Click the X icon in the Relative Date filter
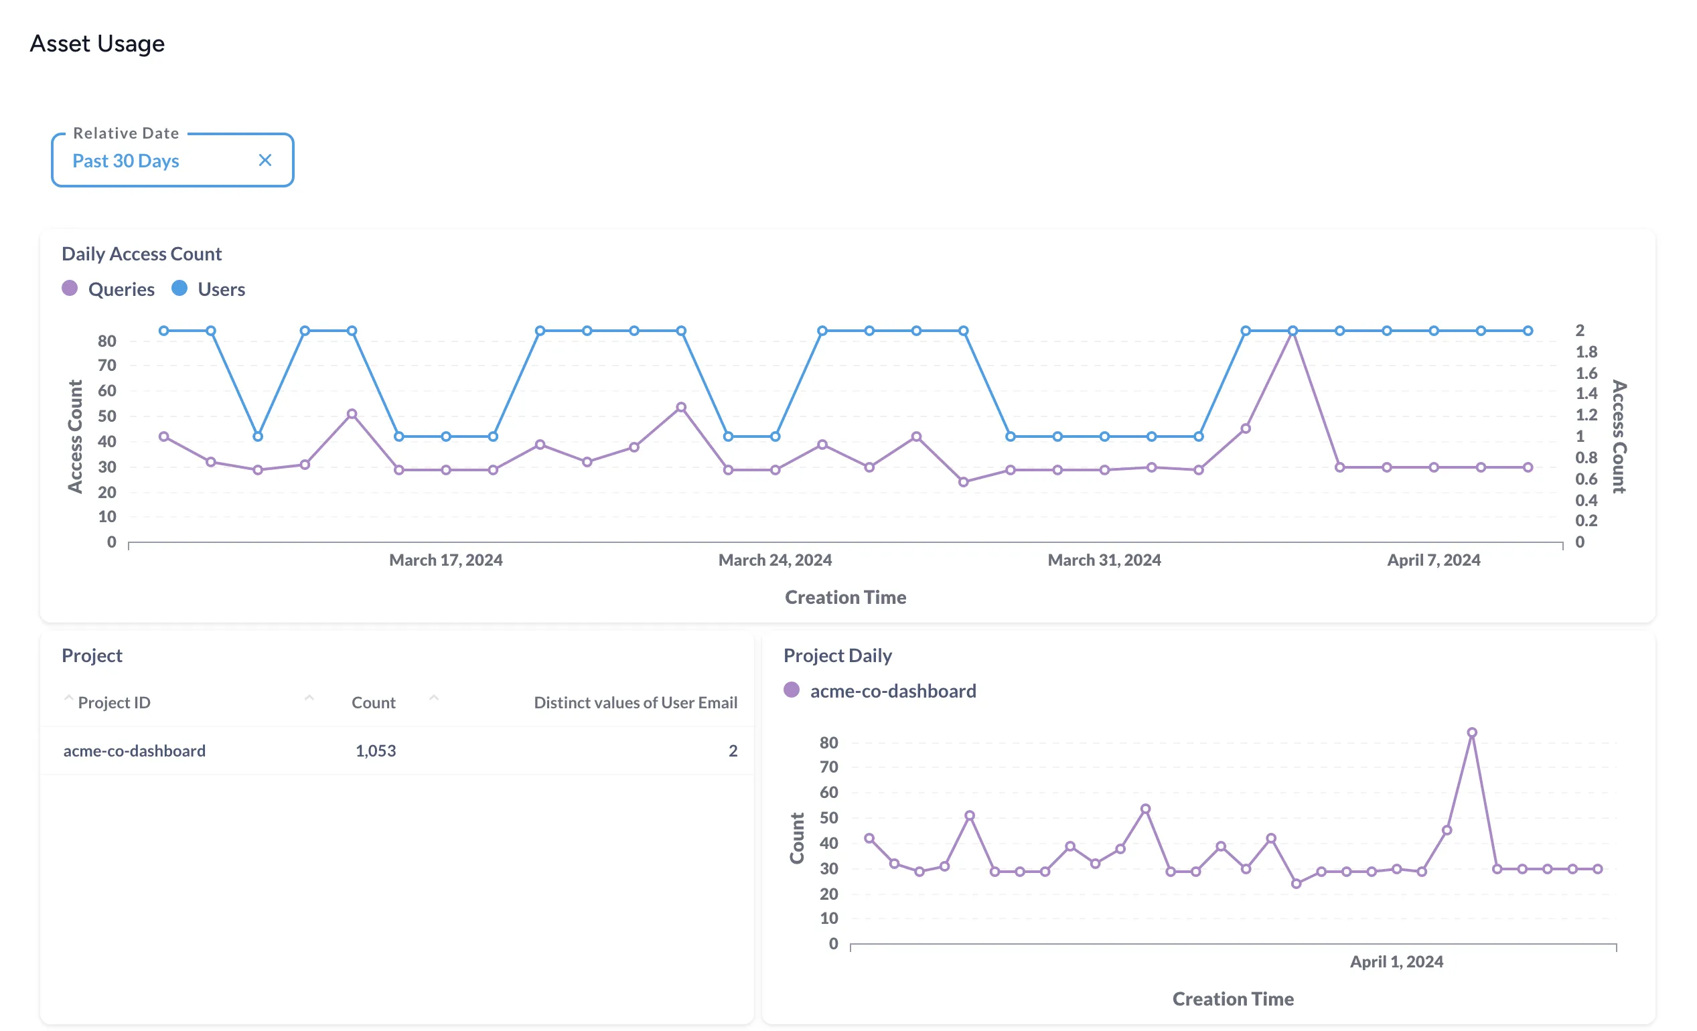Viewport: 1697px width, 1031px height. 265,161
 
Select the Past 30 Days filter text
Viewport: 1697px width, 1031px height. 126,161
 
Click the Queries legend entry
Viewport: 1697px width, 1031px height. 121,289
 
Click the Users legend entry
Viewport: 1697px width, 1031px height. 220,289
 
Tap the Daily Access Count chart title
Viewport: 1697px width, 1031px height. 141,254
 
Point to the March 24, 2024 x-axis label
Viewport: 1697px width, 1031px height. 775,560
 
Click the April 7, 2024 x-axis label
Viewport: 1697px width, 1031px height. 1433,560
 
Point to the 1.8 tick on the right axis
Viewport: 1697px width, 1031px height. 1586,352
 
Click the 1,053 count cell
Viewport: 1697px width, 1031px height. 375,750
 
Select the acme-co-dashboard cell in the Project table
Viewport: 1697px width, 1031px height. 135,750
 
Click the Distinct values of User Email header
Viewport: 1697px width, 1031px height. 635,702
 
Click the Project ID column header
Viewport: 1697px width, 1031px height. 114,702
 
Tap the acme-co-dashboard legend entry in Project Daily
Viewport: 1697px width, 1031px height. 892,691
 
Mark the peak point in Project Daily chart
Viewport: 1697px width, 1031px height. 1472,733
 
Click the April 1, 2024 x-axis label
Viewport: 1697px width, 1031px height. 1396,961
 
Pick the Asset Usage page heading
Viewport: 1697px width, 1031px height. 97,44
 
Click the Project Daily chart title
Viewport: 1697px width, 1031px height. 838,655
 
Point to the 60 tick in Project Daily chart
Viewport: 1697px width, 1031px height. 828,793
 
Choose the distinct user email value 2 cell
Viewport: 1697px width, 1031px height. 733,750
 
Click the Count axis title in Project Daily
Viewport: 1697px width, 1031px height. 797,838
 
